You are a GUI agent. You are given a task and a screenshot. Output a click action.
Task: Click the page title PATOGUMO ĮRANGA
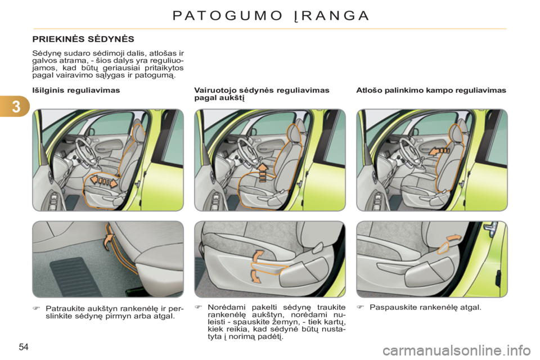[x=271, y=16]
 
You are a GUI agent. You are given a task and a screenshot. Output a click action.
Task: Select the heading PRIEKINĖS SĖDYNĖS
[x=83, y=39]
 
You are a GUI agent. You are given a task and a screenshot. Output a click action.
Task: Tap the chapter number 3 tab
[x=16, y=107]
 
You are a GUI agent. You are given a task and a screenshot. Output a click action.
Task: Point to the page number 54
[x=24, y=347]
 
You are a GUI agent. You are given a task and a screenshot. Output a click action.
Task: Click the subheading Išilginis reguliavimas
[x=76, y=90]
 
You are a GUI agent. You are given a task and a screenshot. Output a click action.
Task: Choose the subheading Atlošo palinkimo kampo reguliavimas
[x=431, y=90]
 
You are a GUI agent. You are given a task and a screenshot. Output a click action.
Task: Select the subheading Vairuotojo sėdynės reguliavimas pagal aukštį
[x=262, y=94]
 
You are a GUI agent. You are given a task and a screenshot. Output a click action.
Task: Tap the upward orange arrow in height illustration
[x=263, y=172]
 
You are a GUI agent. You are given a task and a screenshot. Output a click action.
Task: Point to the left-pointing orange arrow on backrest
[x=439, y=151]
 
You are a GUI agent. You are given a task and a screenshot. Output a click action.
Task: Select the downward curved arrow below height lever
[x=255, y=276]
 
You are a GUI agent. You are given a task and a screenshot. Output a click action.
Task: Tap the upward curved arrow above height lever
[x=258, y=257]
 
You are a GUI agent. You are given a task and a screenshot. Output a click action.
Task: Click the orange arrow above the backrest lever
[x=454, y=238]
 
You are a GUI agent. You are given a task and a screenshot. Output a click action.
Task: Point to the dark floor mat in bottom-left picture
[x=71, y=274]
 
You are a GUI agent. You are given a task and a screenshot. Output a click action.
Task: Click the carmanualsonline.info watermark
[x=456, y=351]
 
